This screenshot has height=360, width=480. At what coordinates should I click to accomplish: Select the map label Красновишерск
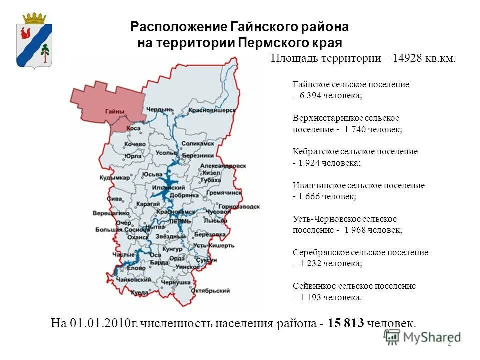(212, 110)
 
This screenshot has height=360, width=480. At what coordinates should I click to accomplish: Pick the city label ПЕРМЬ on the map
(180, 220)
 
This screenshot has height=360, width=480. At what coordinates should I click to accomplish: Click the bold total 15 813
(346, 323)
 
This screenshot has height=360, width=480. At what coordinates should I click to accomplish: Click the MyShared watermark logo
(422, 337)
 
